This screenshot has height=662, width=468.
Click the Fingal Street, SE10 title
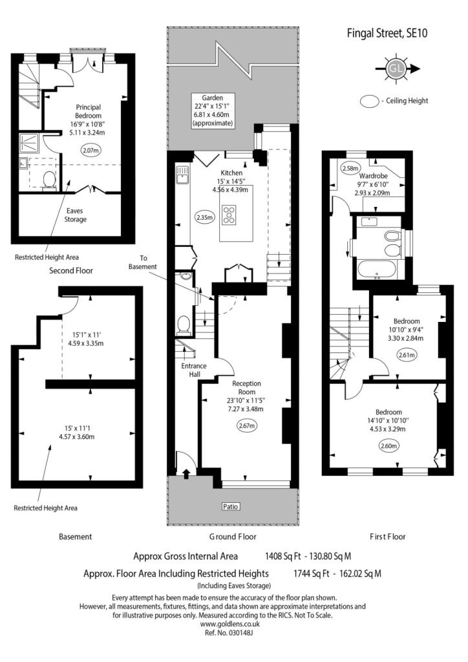387,33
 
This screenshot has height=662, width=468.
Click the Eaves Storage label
75,215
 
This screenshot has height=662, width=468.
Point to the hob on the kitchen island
229,215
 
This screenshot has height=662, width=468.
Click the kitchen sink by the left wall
182,175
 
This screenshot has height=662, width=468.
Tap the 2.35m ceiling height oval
205,217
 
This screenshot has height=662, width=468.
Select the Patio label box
230,506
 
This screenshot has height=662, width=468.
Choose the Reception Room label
247,388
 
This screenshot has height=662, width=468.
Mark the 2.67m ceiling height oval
247,425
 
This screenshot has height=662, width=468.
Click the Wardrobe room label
374,176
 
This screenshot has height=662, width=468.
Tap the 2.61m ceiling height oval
407,355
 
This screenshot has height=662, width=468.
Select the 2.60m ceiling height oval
389,445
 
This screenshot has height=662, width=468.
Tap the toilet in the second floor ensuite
50,181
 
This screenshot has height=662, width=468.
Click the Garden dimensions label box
212,110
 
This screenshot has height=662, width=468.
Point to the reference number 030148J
229,633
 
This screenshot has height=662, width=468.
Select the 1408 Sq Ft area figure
282,556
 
